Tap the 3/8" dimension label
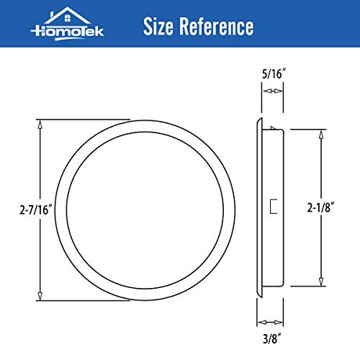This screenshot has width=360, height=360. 270,336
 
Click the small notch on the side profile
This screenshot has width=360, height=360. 274,208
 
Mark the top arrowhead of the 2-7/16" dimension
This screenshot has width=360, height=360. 40,123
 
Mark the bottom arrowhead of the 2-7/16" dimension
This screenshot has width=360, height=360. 40,297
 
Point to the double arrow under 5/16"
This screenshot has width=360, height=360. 271,91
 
